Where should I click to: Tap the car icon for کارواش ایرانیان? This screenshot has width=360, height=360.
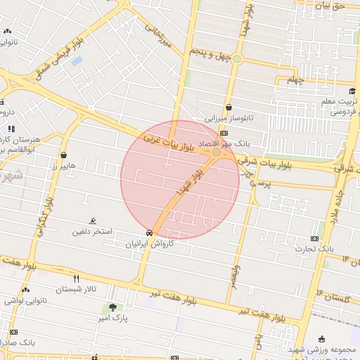[x=150, y=233]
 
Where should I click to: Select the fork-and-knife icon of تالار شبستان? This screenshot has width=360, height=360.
[x=76, y=278]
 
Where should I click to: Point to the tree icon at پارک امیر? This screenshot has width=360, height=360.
[x=112, y=307]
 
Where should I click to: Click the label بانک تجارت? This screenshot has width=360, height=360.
[x=314, y=249]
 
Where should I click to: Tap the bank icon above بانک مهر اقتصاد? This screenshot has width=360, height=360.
[x=224, y=133]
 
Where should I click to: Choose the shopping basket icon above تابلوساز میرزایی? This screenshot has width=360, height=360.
[x=229, y=108]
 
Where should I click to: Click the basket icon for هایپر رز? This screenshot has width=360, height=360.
[x=64, y=155]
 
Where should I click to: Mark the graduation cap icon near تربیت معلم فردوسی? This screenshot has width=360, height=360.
[x=352, y=91]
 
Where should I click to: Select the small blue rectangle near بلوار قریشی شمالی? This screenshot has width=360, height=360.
[x=77, y=60]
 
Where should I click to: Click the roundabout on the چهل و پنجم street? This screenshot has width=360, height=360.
[x=238, y=58]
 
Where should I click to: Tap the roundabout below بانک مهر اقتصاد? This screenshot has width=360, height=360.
[x=217, y=152]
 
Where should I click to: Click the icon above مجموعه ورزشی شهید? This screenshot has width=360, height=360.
[x=322, y=338]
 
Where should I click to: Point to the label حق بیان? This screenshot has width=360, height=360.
[x=330, y=6]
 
